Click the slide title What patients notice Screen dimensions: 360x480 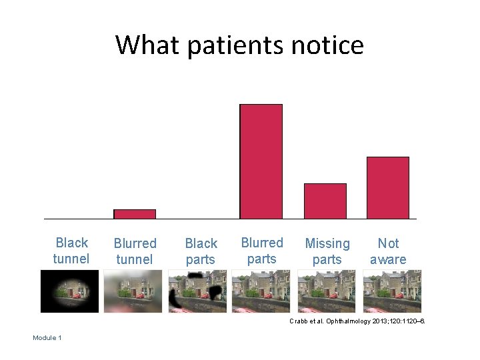[239, 45]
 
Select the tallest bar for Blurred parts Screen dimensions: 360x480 [261, 161]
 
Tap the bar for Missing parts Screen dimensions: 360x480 [325, 201]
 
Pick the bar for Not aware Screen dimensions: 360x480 [387, 187]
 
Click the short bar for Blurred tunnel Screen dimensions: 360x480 [135, 214]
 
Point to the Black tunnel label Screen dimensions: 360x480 [71, 251]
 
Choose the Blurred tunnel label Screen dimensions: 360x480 [135, 251]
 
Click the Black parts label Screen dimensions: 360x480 [201, 251]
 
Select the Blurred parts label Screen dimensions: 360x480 [261, 251]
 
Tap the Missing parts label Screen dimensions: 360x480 [327, 251]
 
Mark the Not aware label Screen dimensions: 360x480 [388, 251]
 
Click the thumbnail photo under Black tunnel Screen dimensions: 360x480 [69, 291]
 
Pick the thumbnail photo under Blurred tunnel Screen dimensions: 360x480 [133, 291]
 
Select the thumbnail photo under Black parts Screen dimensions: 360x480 [197, 291]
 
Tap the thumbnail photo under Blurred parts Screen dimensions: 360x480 [261, 291]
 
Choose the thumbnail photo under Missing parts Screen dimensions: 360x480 [327, 291]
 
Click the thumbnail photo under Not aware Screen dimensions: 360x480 [392, 291]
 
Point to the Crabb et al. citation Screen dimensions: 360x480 [357, 322]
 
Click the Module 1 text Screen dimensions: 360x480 [47, 338]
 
